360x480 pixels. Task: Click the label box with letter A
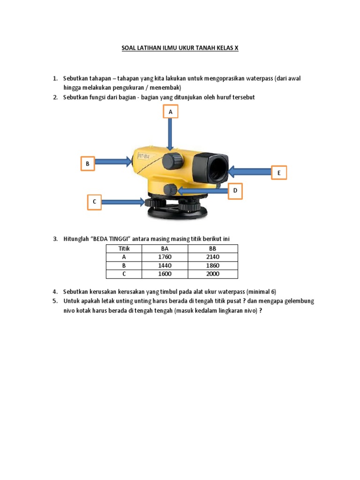(x=171, y=112)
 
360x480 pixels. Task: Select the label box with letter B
(x=87, y=164)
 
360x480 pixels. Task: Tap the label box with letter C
(x=94, y=202)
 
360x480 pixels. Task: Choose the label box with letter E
(x=279, y=173)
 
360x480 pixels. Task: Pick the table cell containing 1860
(x=213, y=265)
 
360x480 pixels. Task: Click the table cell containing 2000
(x=213, y=274)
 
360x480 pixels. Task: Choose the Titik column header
(x=124, y=248)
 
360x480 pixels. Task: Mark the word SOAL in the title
(x=129, y=48)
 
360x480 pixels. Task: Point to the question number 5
(x=55, y=301)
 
